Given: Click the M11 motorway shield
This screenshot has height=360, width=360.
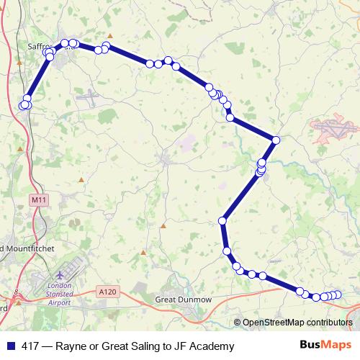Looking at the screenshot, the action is tap(38, 198).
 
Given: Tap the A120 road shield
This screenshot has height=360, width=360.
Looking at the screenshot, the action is tap(106, 291).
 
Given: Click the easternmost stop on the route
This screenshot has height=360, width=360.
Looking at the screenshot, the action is tap(337, 294).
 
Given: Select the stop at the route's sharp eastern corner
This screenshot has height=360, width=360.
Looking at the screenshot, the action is tap(276, 139).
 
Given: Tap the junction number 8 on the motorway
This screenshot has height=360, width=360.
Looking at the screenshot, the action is tap(16, 292).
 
